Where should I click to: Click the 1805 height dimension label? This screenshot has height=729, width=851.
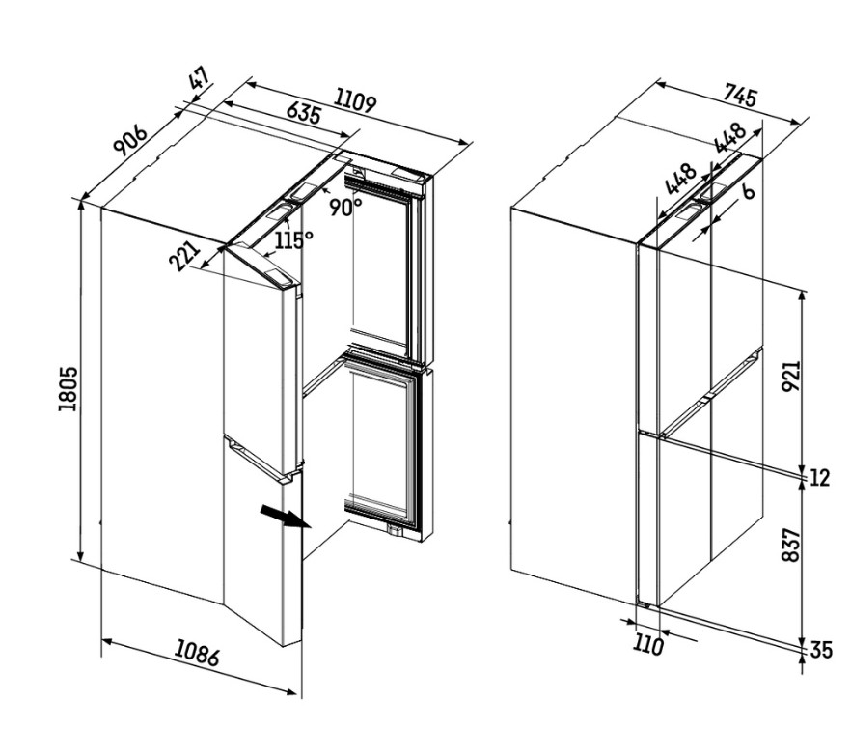pos(69,388)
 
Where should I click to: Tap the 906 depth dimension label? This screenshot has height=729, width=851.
pos(130,140)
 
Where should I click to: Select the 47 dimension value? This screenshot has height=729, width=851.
pos(200,79)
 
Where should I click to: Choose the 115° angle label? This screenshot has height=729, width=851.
pos(293,239)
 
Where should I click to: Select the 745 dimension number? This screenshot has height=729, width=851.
pos(739,97)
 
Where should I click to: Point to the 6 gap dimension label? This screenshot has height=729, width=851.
pos(748,190)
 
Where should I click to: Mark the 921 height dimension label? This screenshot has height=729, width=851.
pos(791,376)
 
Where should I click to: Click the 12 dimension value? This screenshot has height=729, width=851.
pos(819,478)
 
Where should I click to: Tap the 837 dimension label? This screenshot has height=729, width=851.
pos(791,545)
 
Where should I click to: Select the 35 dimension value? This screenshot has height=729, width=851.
pos(821,650)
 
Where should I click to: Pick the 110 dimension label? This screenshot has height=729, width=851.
pos(648,645)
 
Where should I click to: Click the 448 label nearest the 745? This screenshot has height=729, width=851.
pos(730,138)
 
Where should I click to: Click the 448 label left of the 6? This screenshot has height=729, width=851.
pos(679,179)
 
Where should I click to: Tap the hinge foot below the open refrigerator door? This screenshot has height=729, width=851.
pos(395,530)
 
